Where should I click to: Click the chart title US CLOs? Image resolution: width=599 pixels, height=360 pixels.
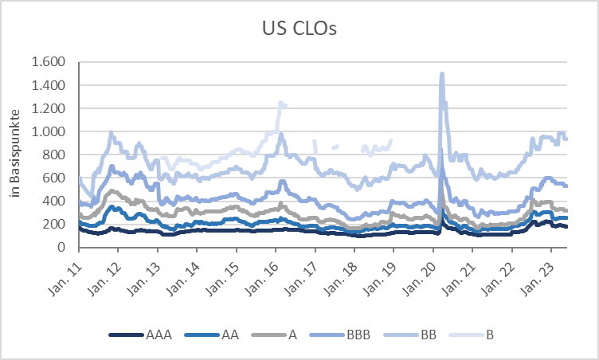pos(299,30)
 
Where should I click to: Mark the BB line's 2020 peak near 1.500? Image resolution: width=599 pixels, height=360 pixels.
pos(441,75)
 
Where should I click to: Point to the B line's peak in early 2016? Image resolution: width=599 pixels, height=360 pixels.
pos(280,103)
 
